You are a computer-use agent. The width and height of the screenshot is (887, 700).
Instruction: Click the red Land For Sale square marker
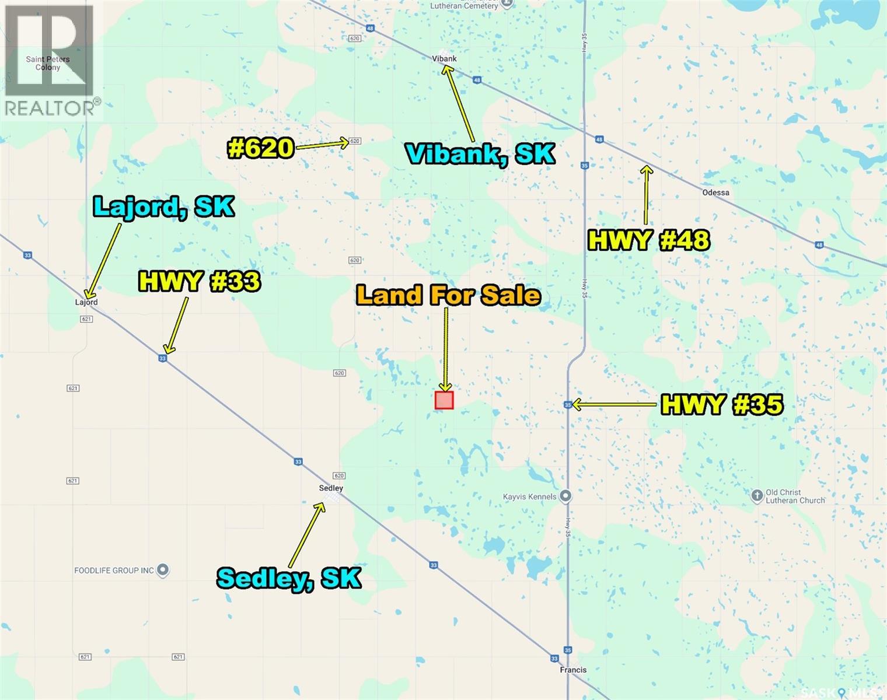pos(444,400)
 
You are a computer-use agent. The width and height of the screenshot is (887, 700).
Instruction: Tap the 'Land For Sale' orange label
pos(448,295)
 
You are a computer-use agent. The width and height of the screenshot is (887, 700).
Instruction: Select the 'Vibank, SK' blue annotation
pos(480,153)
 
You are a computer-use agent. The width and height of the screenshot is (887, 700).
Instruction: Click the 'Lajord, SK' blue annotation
pos(164,206)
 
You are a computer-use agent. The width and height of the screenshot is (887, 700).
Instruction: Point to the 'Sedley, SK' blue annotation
pos(289,577)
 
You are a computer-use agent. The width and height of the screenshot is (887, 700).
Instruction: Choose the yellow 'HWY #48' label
pos(648,240)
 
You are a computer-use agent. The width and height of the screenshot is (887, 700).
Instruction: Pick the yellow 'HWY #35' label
pos(722,404)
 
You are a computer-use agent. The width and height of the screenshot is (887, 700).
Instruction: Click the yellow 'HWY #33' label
pos(199,282)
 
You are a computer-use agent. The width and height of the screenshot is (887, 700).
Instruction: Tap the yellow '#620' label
pos(260,148)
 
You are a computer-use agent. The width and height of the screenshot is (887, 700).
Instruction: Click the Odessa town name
pos(715,192)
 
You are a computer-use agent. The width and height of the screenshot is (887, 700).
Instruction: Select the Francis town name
pos(573,670)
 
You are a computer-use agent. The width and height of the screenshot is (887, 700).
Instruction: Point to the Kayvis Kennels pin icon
pos(565,496)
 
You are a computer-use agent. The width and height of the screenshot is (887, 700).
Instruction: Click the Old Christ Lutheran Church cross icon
pos(757,496)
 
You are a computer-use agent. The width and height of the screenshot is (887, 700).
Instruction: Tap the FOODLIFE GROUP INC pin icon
pos(163,570)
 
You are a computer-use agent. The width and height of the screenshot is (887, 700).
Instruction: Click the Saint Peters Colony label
pos(48,63)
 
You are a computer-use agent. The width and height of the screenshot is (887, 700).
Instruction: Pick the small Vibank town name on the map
pos(444,58)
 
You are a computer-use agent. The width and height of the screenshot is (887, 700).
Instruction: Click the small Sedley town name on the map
pos(331,488)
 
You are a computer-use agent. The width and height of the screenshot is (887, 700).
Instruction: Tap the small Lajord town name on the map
pos(86,302)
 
